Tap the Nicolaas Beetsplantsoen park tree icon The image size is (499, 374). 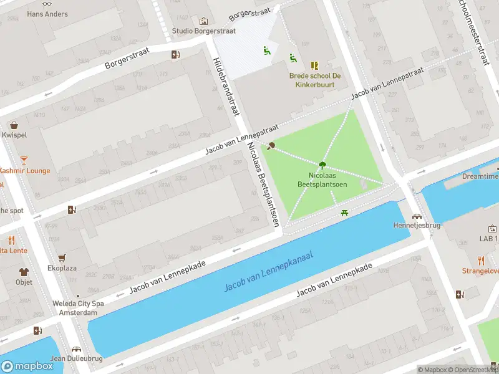(322, 165)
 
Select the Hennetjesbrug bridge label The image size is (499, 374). (412, 225)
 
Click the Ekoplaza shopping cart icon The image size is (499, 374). (62, 258)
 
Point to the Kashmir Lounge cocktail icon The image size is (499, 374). (24, 160)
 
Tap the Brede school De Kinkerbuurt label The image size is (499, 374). (314, 80)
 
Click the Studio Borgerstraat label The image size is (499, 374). (203, 31)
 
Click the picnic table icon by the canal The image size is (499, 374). (344, 214)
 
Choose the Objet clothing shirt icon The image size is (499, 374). (24, 272)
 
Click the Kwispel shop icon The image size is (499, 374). (14, 125)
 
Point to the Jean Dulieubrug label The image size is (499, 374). (75, 358)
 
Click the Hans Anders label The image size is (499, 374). (47, 14)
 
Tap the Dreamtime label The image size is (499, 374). (480, 176)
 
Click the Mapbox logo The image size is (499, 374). (27, 366)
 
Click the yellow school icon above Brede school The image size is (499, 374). (314, 65)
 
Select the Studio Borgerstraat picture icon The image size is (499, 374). (203, 21)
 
